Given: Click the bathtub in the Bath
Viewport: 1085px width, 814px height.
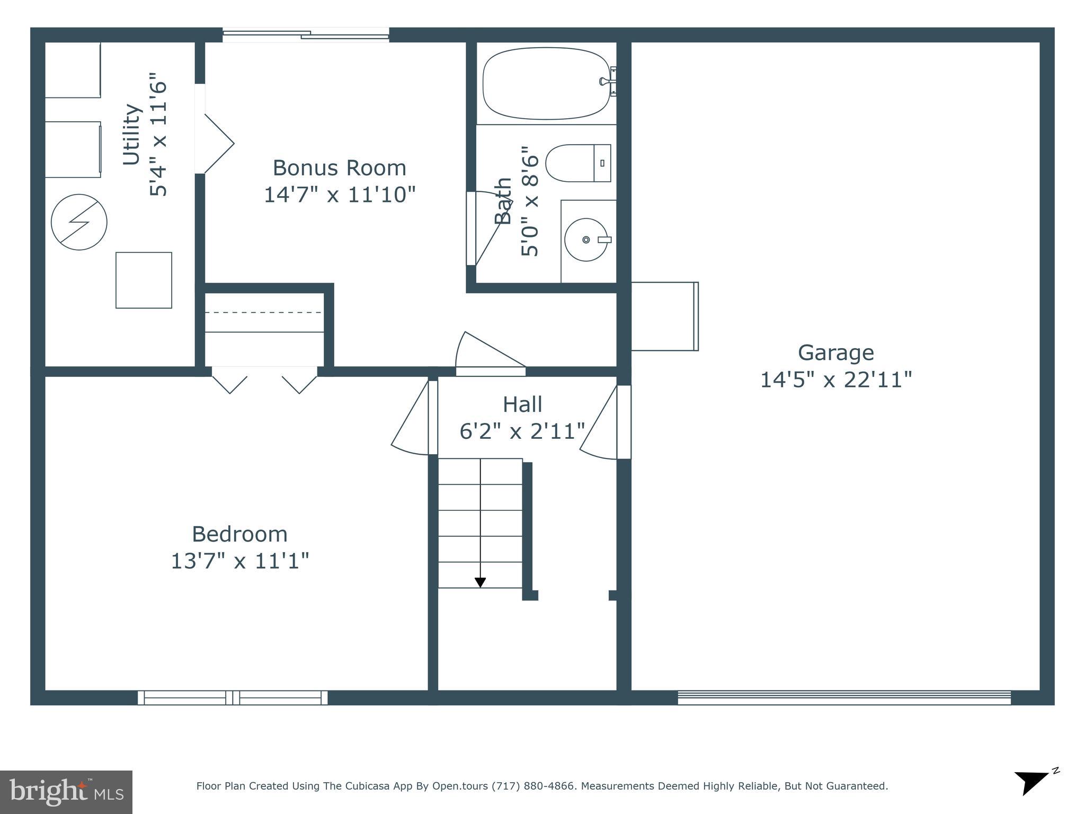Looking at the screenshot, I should [x=546, y=83].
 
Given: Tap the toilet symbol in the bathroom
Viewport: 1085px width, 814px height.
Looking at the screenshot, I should [x=577, y=163].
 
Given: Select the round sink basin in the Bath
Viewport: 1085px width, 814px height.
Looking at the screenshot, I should [x=585, y=240].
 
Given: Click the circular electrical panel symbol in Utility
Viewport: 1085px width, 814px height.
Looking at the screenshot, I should [x=79, y=222].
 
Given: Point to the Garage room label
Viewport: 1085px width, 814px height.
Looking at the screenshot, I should [x=835, y=352].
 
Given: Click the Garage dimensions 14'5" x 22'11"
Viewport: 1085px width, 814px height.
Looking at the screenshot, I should [x=835, y=380].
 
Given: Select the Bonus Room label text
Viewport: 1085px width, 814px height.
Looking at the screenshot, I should [x=339, y=168].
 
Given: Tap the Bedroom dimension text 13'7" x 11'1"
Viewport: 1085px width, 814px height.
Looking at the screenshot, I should [x=239, y=561].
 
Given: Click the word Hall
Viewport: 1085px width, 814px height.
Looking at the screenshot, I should [x=522, y=404].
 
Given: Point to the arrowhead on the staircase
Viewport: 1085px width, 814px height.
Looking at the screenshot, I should [x=480, y=582].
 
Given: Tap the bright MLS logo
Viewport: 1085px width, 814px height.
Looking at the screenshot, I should [x=66, y=792].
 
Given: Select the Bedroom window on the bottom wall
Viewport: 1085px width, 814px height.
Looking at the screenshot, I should [x=233, y=697].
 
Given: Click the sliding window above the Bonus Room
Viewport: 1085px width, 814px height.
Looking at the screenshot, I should [x=306, y=35].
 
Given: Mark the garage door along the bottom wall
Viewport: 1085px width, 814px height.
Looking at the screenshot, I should [x=844, y=697].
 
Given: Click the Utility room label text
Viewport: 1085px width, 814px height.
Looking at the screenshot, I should [x=132, y=135].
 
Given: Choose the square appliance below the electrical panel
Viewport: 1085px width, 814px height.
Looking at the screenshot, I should [x=144, y=280].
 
